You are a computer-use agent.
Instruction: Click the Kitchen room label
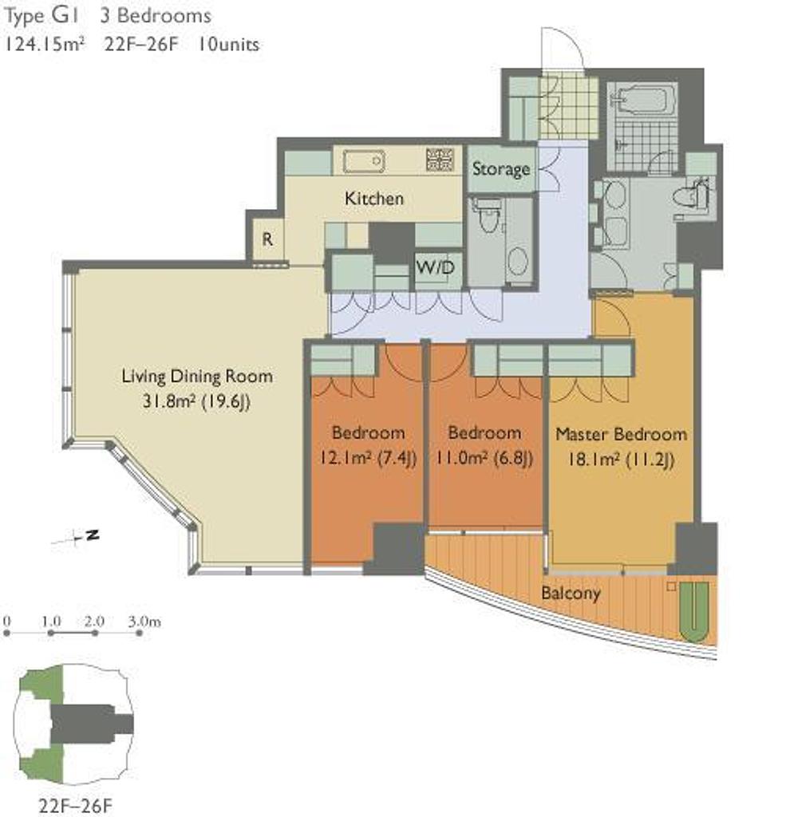pyautogui.click(x=373, y=199)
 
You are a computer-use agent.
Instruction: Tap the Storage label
pyautogui.click(x=501, y=169)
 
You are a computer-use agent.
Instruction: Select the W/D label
pyautogui.click(x=435, y=267)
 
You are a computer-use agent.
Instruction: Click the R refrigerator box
pyautogui.click(x=267, y=239)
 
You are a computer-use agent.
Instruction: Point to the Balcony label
pyautogui.click(x=571, y=593)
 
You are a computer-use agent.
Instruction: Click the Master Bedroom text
pyautogui.click(x=621, y=434)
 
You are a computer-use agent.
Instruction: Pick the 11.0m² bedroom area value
pyautogui.click(x=461, y=459)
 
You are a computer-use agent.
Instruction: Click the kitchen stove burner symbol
pyautogui.click(x=440, y=159)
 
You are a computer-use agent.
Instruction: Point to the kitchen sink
pyautogui.click(x=364, y=161)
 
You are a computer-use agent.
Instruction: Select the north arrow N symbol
pyautogui.click(x=93, y=535)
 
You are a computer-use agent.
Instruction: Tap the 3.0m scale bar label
pyautogui.click(x=144, y=621)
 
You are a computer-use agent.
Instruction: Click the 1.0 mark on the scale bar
pyautogui.click(x=52, y=621)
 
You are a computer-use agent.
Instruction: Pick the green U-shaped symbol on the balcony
pyautogui.click(x=695, y=612)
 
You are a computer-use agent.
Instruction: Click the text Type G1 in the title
pyautogui.click(x=41, y=16)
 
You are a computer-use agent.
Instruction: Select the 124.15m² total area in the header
pyautogui.click(x=45, y=45)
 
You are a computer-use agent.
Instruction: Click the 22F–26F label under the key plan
pyautogui.click(x=75, y=805)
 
